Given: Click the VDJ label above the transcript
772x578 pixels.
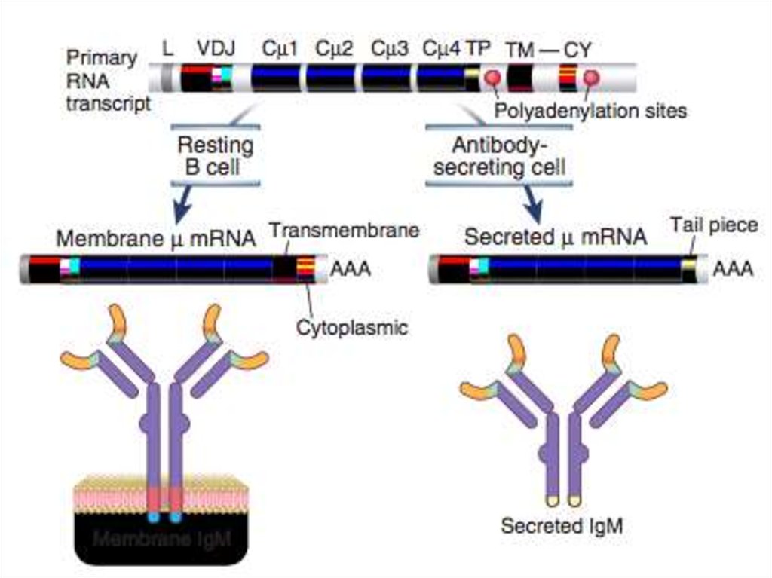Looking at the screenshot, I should [216, 50].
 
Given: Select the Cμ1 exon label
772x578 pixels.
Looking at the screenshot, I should [280, 50].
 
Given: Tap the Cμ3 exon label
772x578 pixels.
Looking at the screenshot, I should [390, 50].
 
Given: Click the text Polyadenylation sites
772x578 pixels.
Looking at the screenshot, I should [591, 111].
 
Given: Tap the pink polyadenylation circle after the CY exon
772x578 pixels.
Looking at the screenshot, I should [590, 78].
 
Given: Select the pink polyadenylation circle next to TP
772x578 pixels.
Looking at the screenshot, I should [493, 78].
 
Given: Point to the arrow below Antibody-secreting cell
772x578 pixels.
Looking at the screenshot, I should [535, 201].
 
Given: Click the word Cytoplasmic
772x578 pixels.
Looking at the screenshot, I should [352, 327].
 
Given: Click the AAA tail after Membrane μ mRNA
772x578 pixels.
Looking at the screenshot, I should [351, 268].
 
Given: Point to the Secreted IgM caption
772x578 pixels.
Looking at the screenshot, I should [562, 525].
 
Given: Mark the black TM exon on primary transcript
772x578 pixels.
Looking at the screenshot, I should [519, 78].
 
